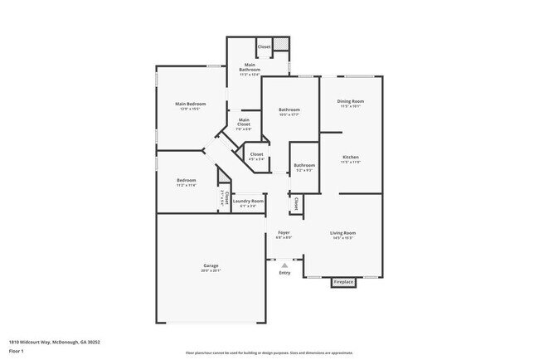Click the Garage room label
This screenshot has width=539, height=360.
(x=211, y=265)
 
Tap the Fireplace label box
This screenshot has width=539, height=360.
(x=343, y=283)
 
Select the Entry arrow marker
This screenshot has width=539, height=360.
(x=284, y=265)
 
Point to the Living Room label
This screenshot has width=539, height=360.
(x=342, y=232)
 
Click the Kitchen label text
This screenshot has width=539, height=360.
(x=351, y=157)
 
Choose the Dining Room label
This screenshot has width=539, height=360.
(x=351, y=101)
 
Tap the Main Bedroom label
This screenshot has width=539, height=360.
(x=190, y=104)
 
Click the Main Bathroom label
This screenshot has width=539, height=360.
(x=250, y=66)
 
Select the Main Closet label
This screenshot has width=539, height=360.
(x=243, y=120)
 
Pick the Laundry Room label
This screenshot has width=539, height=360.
(x=248, y=201)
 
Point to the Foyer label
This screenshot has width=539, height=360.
(x=284, y=232)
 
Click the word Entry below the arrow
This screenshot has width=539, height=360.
(x=284, y=273)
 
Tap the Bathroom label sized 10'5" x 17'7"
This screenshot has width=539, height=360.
(x=289, y=109)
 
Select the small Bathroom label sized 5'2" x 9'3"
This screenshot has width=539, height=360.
(x=303, y=165)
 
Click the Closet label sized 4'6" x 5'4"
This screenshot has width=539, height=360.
(x=257, y=154)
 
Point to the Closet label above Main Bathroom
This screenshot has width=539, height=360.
(x=264, y=46)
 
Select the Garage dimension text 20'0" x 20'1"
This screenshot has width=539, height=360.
(x=211, y=270)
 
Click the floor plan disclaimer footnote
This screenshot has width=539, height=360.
(x=269, y=353)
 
